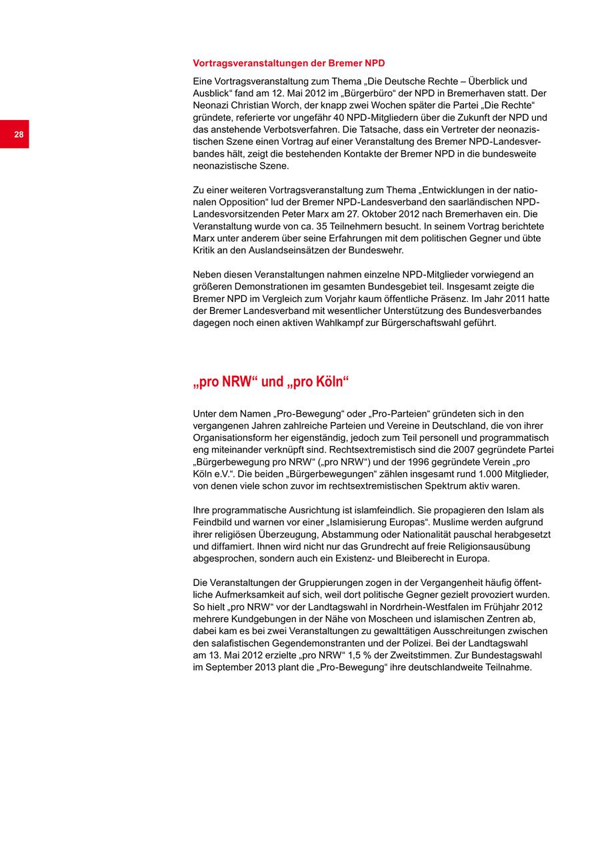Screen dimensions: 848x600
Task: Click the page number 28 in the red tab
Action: click(19, 135)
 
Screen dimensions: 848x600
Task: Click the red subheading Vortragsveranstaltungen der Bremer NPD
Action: click(289, 63)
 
